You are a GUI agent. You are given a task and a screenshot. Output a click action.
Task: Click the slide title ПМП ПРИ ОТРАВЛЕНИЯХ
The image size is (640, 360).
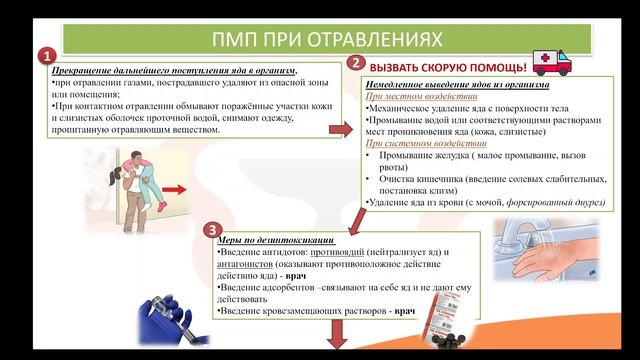pyautogui.click(x=329, y=39)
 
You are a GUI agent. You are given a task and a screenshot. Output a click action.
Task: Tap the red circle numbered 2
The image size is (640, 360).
pyautogui.click(x=355, y=63)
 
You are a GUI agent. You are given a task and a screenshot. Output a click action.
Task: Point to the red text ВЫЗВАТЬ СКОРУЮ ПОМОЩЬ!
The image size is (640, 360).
pyautogui.click(x=448, y=67)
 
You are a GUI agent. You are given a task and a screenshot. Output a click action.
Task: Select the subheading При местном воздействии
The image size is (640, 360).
pyautogui.click(x=406, y=97)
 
